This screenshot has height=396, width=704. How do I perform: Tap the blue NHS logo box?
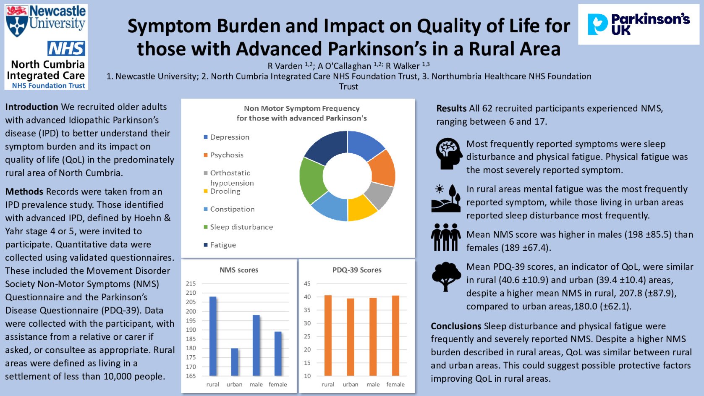66,49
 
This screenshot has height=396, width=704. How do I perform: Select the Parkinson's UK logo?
638,24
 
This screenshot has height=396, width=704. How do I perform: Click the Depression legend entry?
229,137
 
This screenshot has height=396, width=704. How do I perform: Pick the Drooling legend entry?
225,191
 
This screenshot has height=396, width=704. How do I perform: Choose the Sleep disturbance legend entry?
241,227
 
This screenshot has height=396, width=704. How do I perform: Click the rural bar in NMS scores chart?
213,336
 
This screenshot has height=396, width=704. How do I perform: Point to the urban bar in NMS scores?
235,362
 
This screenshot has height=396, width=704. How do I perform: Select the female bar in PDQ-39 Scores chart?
395,336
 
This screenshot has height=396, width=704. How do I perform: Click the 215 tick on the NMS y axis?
191,284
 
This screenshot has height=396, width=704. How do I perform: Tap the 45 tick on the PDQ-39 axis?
307,284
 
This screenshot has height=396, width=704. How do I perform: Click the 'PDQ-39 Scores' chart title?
357,270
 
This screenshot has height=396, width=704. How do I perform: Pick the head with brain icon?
448,154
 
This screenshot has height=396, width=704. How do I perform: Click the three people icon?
446,237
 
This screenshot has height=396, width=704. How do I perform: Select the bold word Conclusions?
456,326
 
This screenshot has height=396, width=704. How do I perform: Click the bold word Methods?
24,192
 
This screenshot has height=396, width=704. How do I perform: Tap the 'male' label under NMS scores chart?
256,385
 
